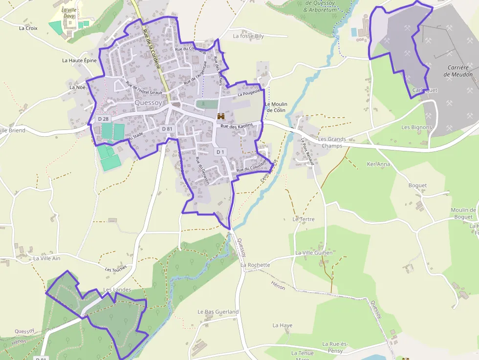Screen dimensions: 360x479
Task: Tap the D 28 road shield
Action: tap(103, 119)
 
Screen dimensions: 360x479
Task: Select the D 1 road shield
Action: tap(220, 152)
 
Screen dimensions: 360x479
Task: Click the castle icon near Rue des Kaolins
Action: tap(221, 116)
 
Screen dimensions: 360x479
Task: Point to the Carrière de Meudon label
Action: tap(458, 71)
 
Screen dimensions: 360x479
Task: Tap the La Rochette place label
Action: tap(255, 265)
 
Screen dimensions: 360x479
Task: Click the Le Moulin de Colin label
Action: tap(276, 107)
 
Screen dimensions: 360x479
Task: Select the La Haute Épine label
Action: tap(80, 60)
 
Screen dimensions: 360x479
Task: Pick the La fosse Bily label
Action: tap(248, 36)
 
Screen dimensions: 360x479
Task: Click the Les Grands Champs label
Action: tap(332, 142)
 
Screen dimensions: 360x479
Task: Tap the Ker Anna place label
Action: tap(378, 164)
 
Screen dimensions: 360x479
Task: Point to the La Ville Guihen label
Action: tap(314, 253)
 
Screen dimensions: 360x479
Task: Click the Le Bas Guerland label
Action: tap(218, 312)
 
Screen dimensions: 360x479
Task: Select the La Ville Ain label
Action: tap(47, 258)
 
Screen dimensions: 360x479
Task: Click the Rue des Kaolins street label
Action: tap(237, 126)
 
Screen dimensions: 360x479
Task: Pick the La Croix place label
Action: tap(28, 28)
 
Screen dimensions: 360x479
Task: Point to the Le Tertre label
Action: tap(304, 219)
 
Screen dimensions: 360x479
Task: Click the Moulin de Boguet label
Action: tap(462, 213)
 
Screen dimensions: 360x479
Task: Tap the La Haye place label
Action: tap(283, 325)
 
